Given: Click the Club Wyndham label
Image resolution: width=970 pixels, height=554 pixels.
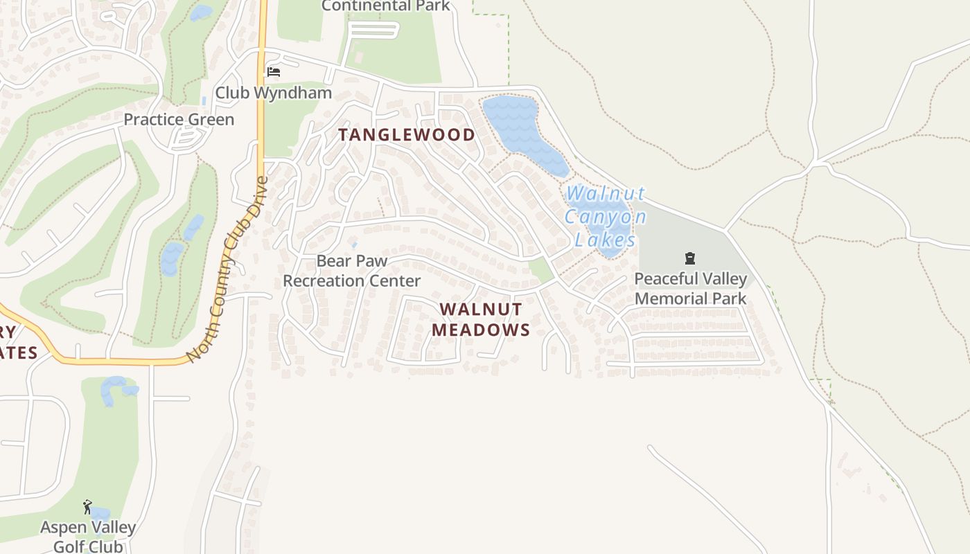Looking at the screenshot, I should (273, 93).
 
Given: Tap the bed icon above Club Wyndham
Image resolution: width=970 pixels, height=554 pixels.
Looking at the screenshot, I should (274, 71).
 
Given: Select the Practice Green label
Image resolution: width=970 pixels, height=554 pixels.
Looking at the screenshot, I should (179, 119).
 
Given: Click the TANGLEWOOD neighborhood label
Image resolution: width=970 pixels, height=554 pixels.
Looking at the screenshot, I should (407, 135).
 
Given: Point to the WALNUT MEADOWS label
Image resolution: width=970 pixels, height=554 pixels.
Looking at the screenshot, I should (481, 319).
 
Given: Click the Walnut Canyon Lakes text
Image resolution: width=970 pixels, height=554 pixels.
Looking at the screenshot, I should (606, 216).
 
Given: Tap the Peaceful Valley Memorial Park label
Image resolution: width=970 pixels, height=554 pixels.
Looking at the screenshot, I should (691, 289).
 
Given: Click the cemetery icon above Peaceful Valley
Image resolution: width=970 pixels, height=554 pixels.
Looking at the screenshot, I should (689, 259).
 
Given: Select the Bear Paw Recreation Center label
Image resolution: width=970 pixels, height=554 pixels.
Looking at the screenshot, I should (352, 271).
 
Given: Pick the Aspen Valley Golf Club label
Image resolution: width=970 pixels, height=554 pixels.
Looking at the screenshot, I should (88, 537).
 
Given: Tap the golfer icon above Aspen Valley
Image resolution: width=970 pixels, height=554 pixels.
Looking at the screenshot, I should (87, 507).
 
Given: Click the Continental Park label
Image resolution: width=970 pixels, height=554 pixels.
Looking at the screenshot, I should (386, 6).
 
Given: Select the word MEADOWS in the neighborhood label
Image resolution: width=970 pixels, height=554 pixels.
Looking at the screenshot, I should (481, 330).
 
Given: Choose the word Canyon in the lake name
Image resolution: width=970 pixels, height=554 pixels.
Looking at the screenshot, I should (606, 217).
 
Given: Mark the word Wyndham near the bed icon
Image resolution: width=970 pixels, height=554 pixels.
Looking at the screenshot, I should (299, 93).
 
